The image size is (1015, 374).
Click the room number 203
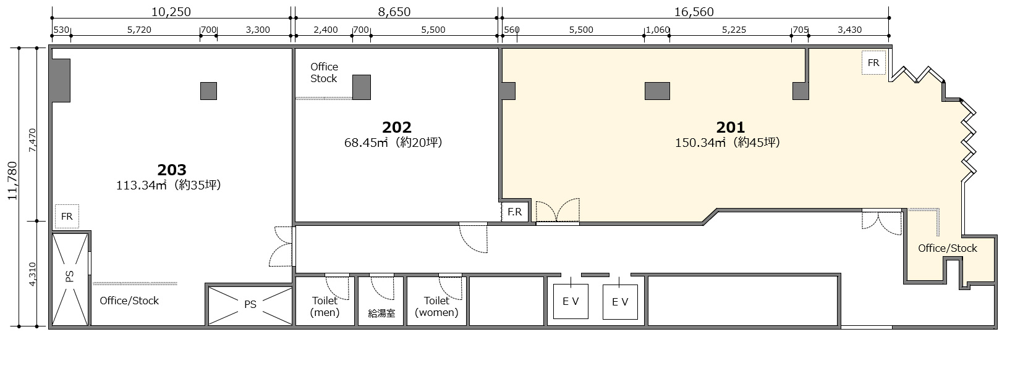click(172, 170)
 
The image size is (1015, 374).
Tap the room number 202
click(396, 127)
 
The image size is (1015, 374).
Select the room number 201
click(731, 127)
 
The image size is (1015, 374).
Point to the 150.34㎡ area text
click(700, 143)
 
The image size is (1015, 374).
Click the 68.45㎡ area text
click(366, 143)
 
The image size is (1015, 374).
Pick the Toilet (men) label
click(325, 307)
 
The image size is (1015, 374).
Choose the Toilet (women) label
click(436, 307)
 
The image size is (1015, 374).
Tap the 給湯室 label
click(381, 314)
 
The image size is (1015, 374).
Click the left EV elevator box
click(571, 301)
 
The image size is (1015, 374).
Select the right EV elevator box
click(621, 302)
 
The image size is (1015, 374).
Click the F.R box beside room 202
click(515, 212)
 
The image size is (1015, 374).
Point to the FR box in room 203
click(67, 216)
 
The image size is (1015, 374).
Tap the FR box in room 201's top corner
click(873, 63)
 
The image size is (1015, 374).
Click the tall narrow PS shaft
click(70, 278)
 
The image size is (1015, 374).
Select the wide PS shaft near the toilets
click(250, 305)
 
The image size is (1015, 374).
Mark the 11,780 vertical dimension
click(12, 181)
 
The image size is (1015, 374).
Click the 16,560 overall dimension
click(694, 12)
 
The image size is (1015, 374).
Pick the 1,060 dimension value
click(658, 30)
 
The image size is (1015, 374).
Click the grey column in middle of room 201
click(658, 91)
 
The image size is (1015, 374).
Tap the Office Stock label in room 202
click(324, 73)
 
